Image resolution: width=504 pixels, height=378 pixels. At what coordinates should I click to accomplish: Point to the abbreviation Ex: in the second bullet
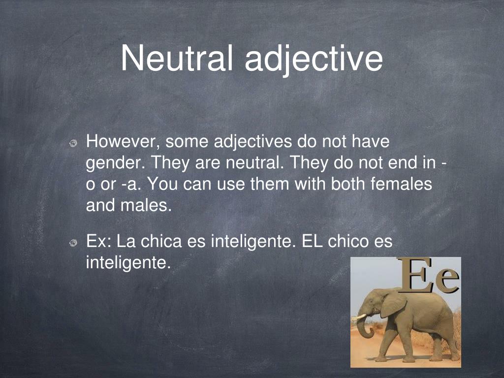(x=97, y=242)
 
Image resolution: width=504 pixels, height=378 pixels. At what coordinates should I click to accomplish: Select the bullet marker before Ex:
(x=73, y=243)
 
